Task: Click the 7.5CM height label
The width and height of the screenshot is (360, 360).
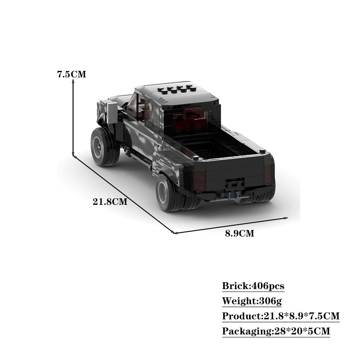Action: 72,75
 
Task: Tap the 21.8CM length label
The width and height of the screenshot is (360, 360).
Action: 110,202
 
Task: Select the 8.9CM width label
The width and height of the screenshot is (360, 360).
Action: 239,233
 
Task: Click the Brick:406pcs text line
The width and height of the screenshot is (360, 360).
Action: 253,286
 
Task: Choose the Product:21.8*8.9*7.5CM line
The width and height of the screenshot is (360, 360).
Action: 281,316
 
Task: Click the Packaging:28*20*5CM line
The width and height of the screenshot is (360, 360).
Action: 276,331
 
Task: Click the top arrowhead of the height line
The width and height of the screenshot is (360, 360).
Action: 73,82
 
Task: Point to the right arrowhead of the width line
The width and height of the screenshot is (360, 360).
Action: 287,218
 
